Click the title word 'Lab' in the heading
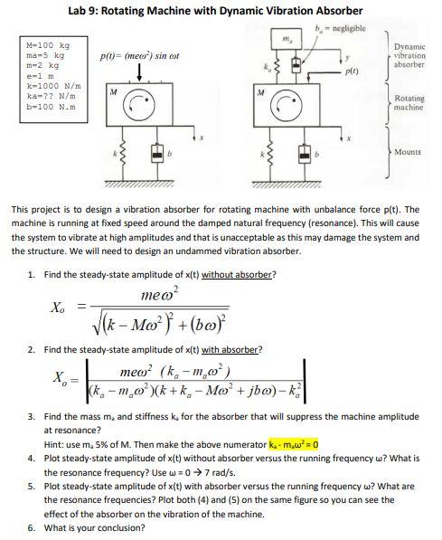[x=77, y=10]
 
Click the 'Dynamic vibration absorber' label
[x=409, y=56]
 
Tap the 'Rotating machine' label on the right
[x=409, y=102]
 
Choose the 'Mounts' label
[x=408, y=153]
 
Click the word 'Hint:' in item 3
[x=54, y=444]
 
